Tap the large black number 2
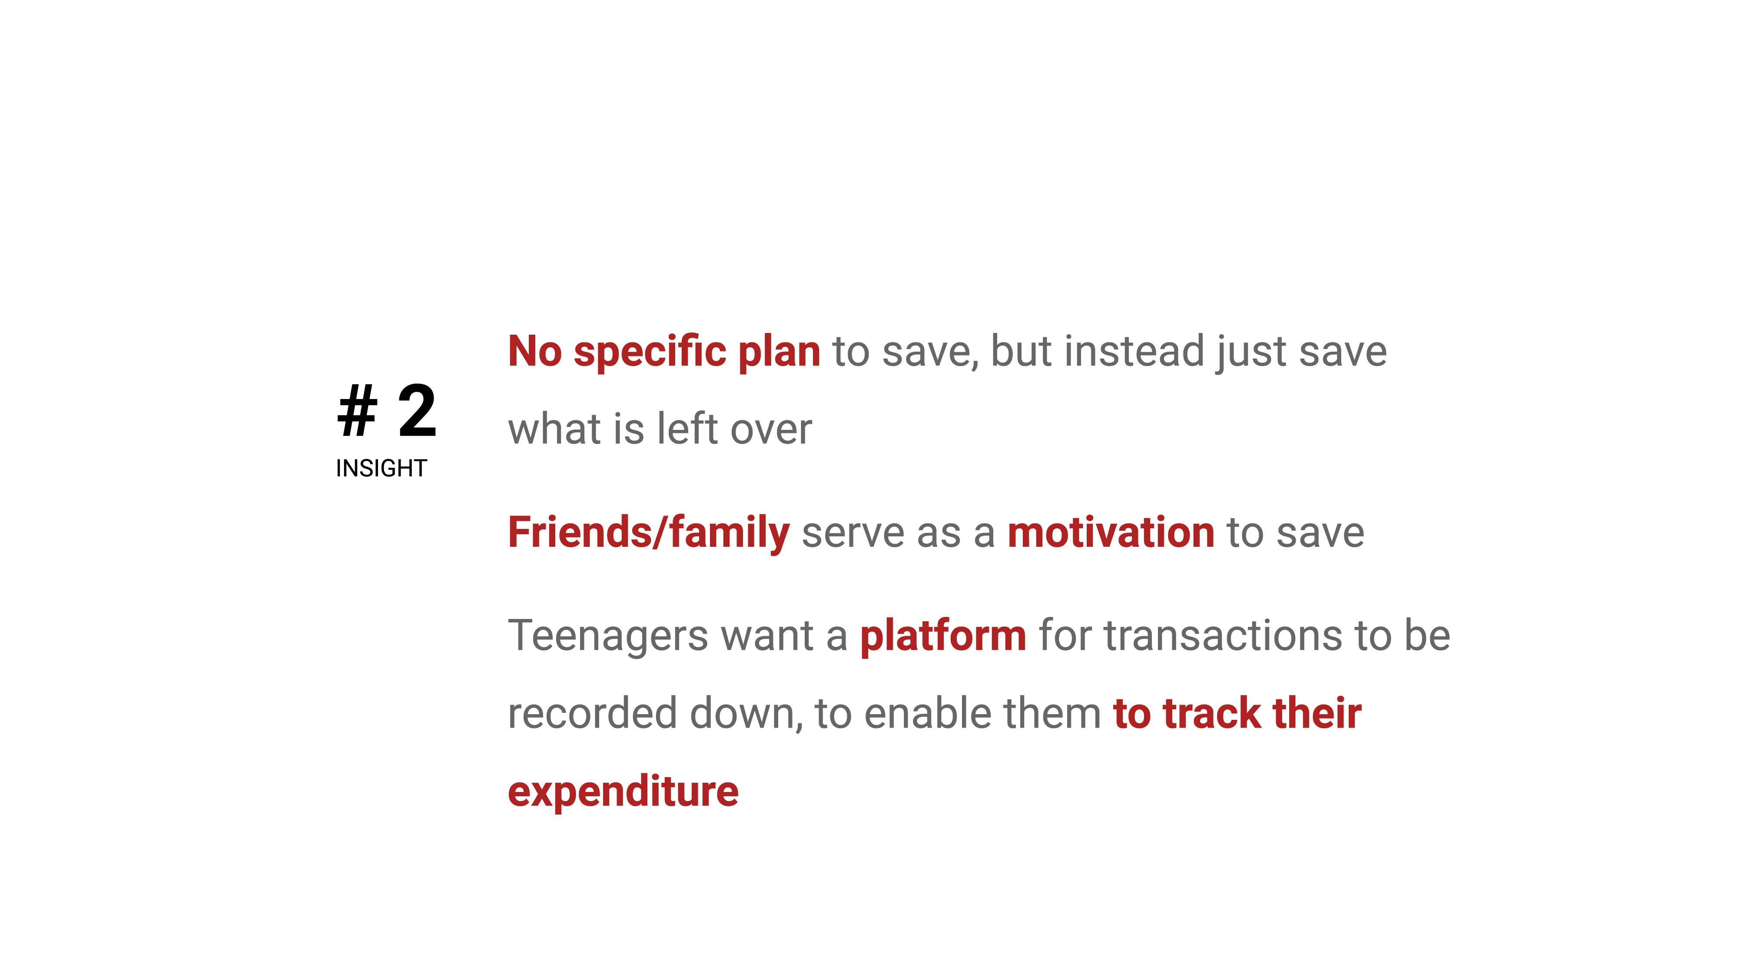[417, 410]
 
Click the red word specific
[650, 353]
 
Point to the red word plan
[779, 353]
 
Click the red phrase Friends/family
[648, 532]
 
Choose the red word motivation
[1111, 532]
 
